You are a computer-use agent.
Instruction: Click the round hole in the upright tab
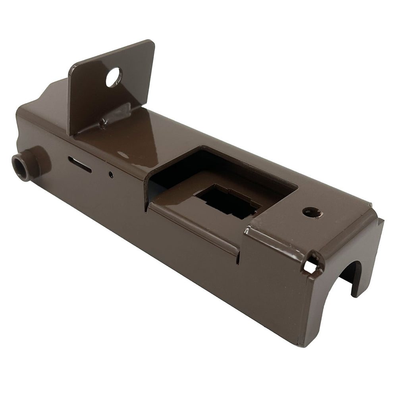click(x=113, y=77)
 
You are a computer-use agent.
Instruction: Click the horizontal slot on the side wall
click(x=80, y=164)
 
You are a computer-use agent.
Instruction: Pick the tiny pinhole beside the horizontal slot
click(x=111, y=174)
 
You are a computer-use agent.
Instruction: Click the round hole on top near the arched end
click(x=312, y=212)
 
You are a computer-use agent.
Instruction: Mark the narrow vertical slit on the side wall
click(x=238, y=258)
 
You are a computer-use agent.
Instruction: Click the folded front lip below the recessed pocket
click(x=195, y=226)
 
